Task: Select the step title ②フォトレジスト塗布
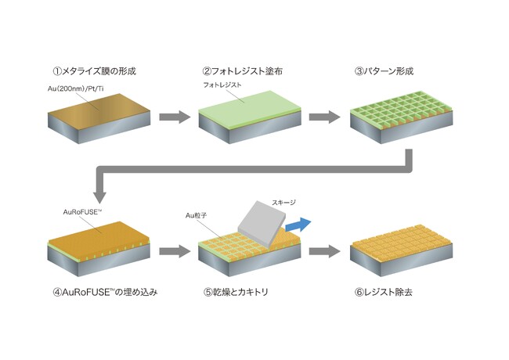tap(239, 71)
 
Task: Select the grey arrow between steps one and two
tap(174, 118)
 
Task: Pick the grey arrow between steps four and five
tap(174, 252)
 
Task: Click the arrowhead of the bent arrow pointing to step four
tap(99, 193)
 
